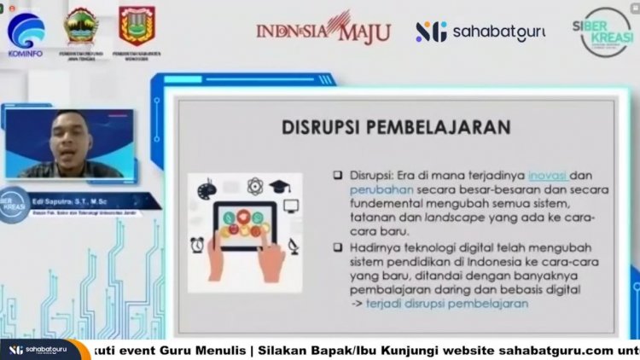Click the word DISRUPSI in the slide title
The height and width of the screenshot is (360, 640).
coord(328,127)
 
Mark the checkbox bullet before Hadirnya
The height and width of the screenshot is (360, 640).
coord(339,247)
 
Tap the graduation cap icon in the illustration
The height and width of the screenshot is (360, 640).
coord(281,185)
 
